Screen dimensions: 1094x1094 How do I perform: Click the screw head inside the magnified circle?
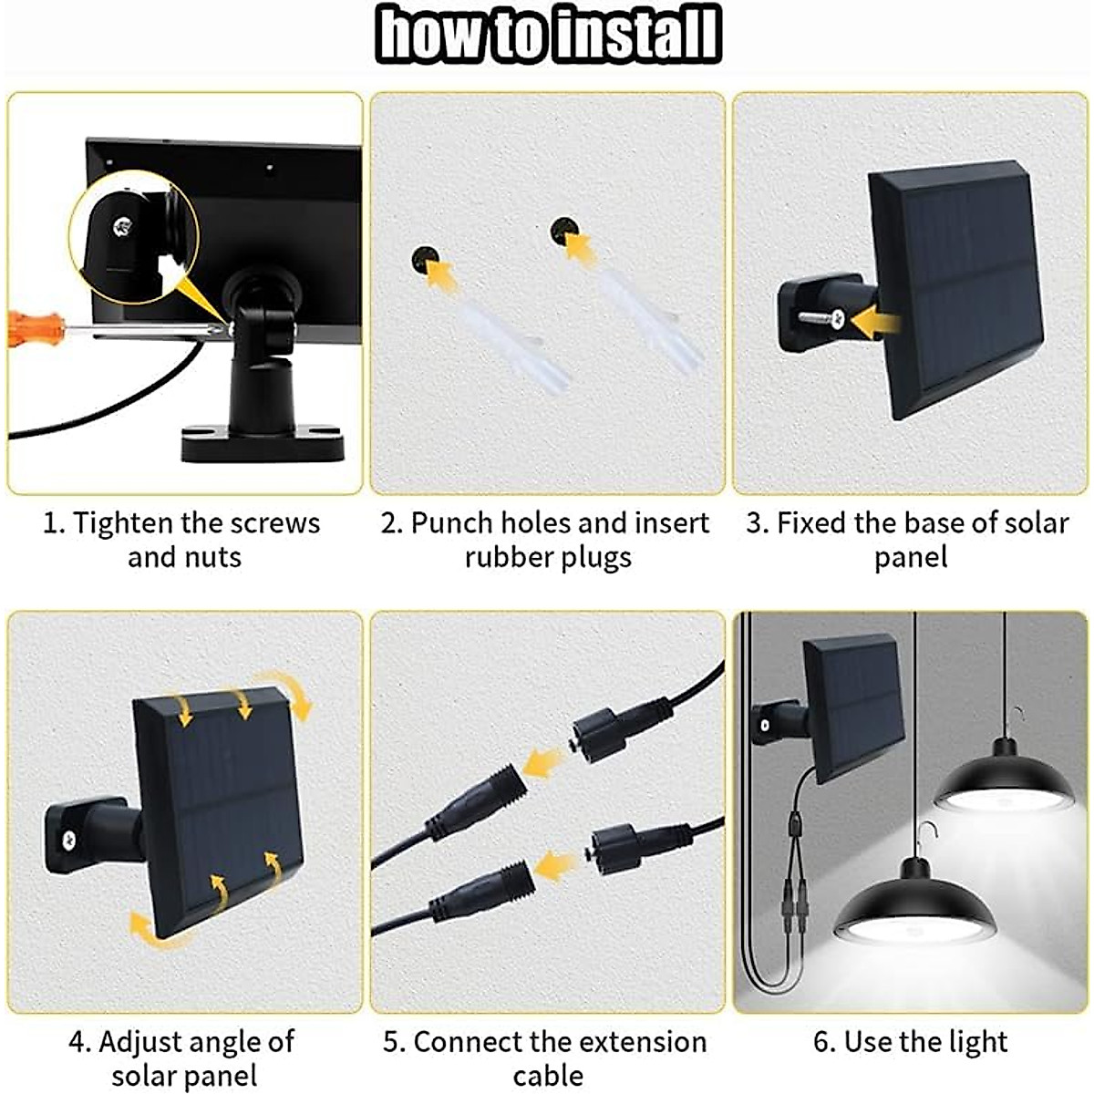pos(122,227)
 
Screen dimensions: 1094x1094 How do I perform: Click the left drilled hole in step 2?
pos(423,260)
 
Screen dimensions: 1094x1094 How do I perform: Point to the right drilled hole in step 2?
pos(562,230)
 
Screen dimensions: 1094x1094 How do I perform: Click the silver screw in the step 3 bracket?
pos(823,318)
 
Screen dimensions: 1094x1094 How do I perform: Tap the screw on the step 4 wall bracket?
pos(68,838)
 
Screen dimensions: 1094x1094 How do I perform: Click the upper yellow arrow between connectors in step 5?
pos(545,764)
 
